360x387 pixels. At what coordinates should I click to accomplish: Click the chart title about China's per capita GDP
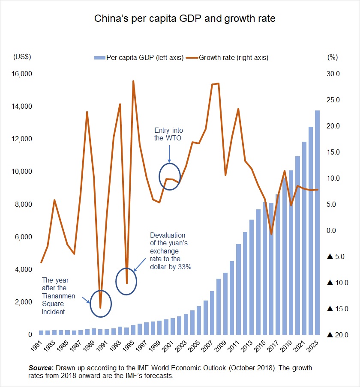coord(184,19)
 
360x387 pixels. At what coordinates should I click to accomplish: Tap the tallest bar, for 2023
coord(318,223)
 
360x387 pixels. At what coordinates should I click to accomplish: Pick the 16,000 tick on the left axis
coord(23,74)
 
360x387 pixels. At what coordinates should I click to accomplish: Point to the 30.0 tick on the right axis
coord(333,74)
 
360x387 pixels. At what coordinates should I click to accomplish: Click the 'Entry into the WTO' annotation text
coord(168,134)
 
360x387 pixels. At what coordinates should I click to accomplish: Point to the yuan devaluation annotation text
coord(170,251)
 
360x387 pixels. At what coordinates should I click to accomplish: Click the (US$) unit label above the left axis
coord(22,57)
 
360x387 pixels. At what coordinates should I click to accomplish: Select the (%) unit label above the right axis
coord(332,57)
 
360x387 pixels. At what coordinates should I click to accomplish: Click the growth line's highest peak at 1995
coord(133,81)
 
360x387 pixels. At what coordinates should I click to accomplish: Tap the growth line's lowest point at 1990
coord(100,307)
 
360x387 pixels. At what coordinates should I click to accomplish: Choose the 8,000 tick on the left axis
coord(25,204)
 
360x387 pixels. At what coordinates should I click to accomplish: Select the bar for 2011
coord(238,289)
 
